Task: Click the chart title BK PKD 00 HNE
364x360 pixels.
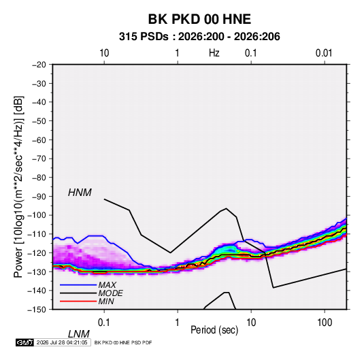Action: coord(199,19)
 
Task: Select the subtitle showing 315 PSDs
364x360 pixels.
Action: coord(199,37)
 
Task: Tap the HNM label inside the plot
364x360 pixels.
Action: coord(80,193)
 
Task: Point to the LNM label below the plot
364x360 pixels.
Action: coord(78,334)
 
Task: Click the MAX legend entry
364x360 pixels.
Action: coord(107,285)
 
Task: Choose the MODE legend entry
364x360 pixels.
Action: coord(110,293)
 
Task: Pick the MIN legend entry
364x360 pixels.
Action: coord(106,301)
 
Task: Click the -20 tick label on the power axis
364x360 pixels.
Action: coord(39,65)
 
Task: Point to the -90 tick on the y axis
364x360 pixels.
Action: coord(39,196)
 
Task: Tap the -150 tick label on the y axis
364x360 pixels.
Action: coord(37,310)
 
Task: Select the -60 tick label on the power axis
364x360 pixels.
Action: coord(39,140)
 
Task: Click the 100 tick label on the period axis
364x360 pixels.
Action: coord(325,323)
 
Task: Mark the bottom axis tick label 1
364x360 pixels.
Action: coord(177,323)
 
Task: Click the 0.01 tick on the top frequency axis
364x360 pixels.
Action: coord(324,53)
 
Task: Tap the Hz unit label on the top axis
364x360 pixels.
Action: coord(214,53)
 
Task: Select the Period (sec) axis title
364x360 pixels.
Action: coord(214,330)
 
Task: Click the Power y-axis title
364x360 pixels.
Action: coord(18,186)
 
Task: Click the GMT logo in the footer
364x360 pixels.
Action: coord(24,342)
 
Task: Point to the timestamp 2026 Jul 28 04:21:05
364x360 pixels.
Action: coord(62,342)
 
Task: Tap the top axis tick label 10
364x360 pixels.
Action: coord(104,53)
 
